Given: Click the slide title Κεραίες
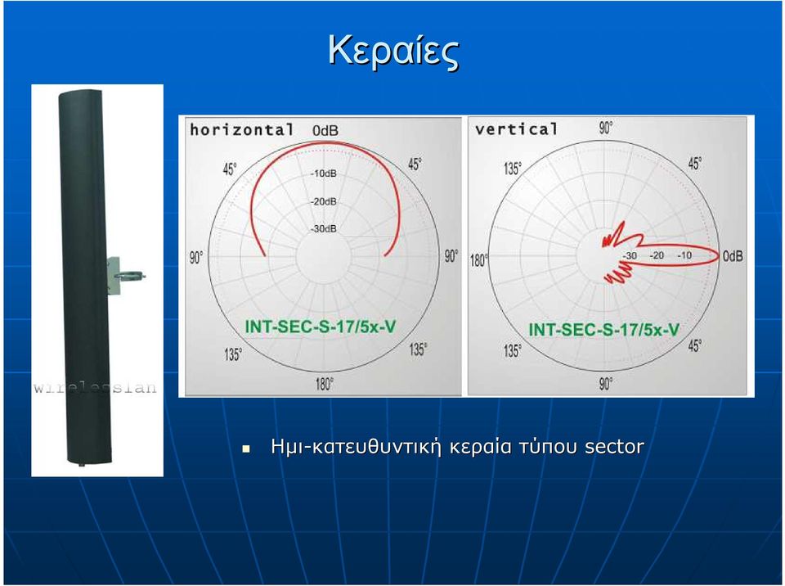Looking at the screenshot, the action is [x=393, y=51].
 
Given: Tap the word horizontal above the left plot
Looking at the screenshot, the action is [x=242, y=130].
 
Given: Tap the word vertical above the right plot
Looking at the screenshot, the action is [x=516, y=129].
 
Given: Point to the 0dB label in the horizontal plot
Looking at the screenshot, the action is [x=325, y=130].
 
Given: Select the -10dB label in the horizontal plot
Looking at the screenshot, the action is [x=324, y=174].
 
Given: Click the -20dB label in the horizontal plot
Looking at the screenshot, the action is [x=324, y=201].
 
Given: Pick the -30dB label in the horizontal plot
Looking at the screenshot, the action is [x=324, y=229].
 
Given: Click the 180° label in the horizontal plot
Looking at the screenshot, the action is [x=324, y=385].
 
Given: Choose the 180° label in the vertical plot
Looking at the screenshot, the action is [x=478, y=260].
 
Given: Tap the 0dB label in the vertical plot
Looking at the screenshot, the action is [x=733, y=256].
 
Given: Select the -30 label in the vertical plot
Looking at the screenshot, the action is [x=630, y=255].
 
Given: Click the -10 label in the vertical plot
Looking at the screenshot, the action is [x=684, y=255].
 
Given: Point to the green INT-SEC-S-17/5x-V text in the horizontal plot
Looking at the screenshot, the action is [x=321, y=327].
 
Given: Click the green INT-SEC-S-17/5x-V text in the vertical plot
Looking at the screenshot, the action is [x=604, y=330].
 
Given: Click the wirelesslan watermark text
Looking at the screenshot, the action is [x=95, y=387].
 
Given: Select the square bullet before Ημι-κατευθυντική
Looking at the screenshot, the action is [x=245, y=449].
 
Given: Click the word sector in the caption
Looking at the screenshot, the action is [x=615, y=447].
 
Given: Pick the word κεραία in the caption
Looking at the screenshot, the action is [x=481, y=447].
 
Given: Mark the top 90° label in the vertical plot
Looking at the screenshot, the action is [x=606, y=128].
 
